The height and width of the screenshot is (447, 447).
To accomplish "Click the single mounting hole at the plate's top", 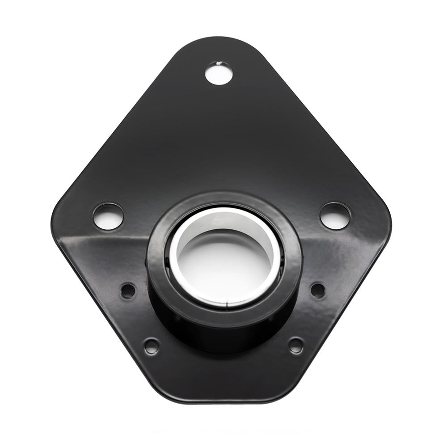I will [x=219, y=73].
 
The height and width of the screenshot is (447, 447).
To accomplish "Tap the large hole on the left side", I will [x=108, y=216].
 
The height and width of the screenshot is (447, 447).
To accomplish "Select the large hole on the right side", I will [x=335, y=216].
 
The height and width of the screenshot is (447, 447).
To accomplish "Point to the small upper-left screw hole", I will [x=128, y=291].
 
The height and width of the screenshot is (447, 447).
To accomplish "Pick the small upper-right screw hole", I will [x=318, y=291].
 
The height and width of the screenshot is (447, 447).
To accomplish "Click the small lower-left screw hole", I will [x=152, y=346].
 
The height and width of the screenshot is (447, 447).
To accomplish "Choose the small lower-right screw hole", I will [x=295, y=345].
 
